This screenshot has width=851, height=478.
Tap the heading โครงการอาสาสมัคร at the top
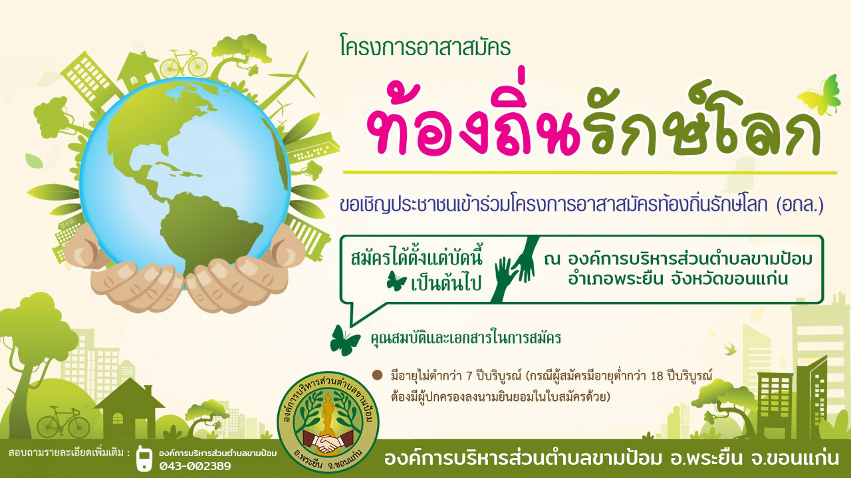pyautogui.click(x=425, y=47)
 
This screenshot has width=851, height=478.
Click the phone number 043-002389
pyautogui.click(x=195, y=466)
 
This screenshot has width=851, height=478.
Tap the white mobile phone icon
pyautogui.click(x=144, y=458)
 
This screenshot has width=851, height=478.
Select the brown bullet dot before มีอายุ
pyautogui.click(x=377, y=376)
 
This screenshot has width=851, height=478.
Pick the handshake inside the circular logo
pyautogui.click(x=328, y=442)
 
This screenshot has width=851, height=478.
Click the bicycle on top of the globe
pyautogui.click(x=183, y=63)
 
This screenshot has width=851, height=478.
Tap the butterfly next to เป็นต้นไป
pyautogui.click(x=396, y=281)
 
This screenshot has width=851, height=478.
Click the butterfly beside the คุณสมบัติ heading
pyautogui.click(x=344, y=340)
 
